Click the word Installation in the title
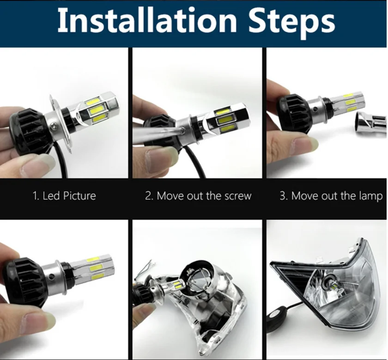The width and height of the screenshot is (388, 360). (147, 20)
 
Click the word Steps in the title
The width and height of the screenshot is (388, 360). (291, 24)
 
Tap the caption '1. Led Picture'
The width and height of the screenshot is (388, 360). (64, 195)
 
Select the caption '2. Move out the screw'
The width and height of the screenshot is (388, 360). (198, 195)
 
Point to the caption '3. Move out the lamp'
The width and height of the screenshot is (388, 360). (331, 196)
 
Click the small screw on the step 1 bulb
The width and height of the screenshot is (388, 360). (53, 126)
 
